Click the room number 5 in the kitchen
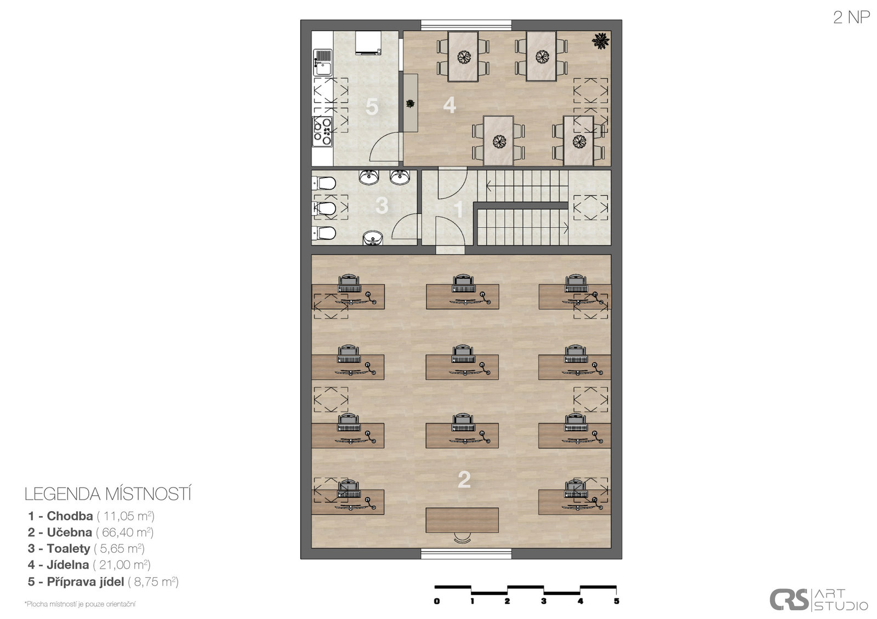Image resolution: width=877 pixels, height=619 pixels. [x=372, y=107]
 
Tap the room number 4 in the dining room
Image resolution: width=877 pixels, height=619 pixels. [x=449, y=105]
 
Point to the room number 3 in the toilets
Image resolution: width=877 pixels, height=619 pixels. [x=381, y=205]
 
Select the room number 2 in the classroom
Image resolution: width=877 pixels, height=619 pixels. [x=464, y=479]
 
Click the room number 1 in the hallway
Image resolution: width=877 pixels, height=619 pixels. [x=458, y=209]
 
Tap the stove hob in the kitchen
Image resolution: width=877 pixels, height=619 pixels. [x=322, y=131]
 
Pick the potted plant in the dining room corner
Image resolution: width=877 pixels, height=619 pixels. [x=601, y=41]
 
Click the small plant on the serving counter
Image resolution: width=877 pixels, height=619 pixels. [x=411, y=104]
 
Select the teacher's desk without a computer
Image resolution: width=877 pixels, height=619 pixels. [x=462, y=520]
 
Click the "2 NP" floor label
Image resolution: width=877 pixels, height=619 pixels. [x=851, y=18]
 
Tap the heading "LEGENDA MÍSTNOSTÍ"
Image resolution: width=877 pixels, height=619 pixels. [x=108, y=494]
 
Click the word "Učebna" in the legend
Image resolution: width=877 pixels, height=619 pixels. [x=69, y=532]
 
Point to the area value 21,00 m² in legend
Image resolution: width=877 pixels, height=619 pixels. [x=122, y=565]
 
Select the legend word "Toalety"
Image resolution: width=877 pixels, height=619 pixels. [x=69, y=548]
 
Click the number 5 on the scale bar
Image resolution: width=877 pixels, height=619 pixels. [x=617, y=601]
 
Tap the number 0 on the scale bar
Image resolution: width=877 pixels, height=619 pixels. [x=437, y=601]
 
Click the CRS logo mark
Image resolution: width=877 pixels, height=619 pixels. [x=789, y=600]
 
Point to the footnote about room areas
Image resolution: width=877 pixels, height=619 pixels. [x=80, y=604]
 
